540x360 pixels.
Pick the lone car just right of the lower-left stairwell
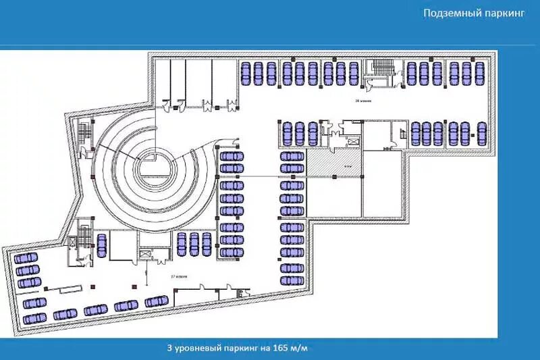(102, 245)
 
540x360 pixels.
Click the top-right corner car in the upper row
(481, 73)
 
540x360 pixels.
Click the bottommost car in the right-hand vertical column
(292, 279)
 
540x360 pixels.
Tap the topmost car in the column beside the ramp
(232, 156)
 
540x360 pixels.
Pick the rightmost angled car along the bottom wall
(156, 301)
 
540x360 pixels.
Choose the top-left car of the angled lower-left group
(26, 259)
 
